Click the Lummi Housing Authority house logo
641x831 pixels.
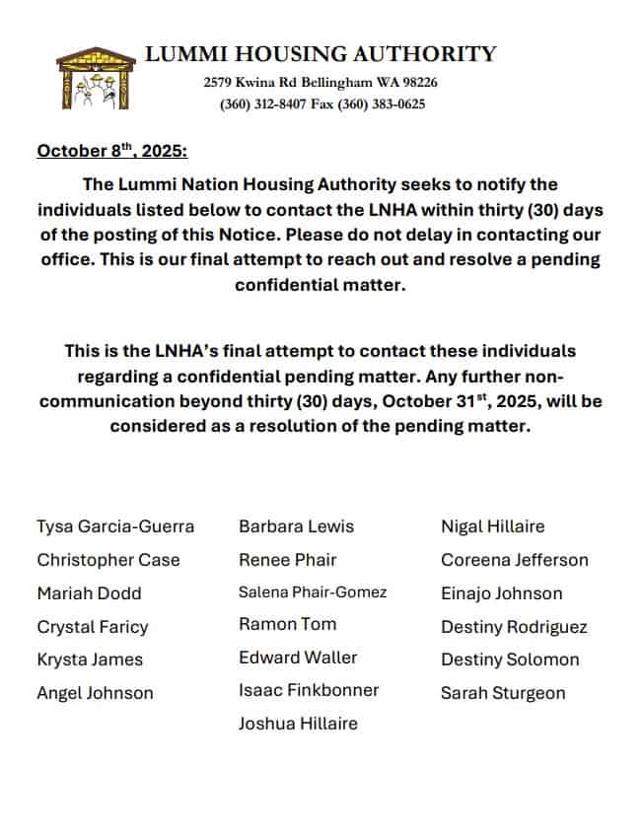(x=95, y=79)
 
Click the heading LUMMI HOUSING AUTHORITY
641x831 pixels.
(x=320, y=54)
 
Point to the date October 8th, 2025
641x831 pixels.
(x=111, y=152)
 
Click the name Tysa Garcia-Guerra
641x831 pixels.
(x=115, y=526)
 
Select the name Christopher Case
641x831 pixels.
(x=108, y=560)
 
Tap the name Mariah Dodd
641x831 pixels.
(x=89, y=593)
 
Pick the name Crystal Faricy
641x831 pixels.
(x=93, y=627)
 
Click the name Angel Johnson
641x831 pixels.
(x=95, y=693)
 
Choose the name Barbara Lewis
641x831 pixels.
(x=296, y=526)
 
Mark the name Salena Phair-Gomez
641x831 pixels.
(x=313, y=592)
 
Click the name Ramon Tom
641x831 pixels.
(x=287, y=624)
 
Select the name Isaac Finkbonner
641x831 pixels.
(x=309, y=690)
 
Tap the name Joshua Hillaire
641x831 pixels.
(x=298, y=724)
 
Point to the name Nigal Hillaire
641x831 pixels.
(x=492, y=526)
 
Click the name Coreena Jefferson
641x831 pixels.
(x=514, y=560)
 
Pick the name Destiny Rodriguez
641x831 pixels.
(x=514, y=627)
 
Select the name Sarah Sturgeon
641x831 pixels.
(x=503, y=693)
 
